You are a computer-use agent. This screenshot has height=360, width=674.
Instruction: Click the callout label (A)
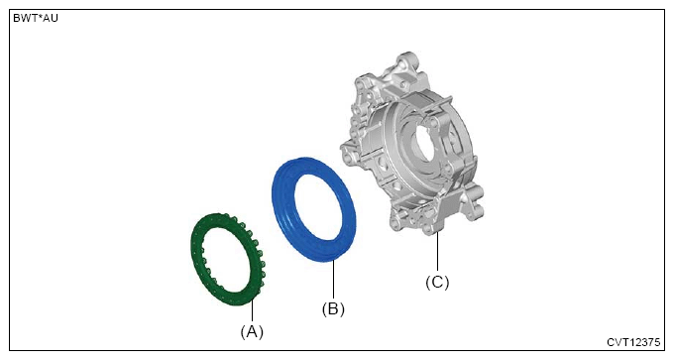pyautogui.click(x=252, y=331)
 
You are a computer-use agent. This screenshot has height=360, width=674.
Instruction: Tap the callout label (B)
pyautogui.click(x=333, y=308)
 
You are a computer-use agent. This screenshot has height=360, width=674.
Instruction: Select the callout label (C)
pyautogui.click(x=437, y=283)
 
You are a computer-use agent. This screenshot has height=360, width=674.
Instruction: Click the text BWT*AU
pyautogui.click(x=36, y=19)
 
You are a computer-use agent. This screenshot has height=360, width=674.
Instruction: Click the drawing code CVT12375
pyautogui.click(x=633, y=342)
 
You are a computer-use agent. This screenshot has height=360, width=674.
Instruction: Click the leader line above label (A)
pyautogui.click(x=253, y=311)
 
